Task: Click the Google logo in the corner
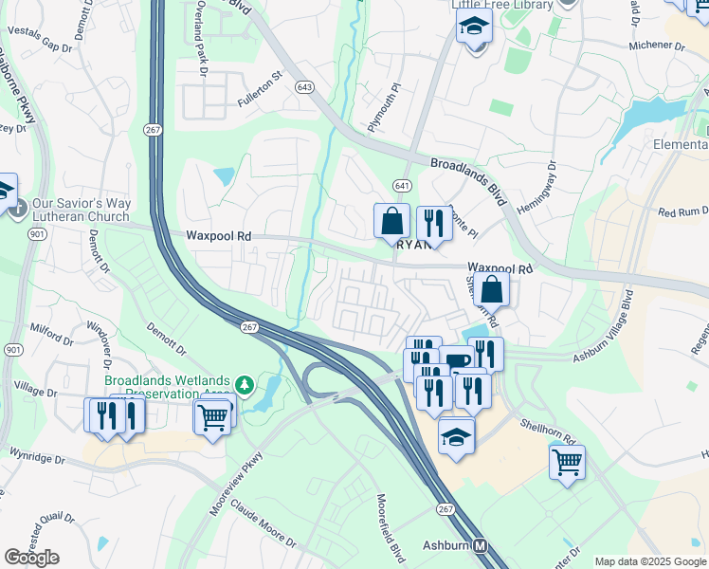31,558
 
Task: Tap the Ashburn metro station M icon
482,547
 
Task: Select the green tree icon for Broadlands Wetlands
245,385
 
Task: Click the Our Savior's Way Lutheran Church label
80,210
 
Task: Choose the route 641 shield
403,185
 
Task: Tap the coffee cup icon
458,360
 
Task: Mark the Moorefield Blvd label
391,523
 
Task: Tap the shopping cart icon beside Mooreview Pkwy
212,415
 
